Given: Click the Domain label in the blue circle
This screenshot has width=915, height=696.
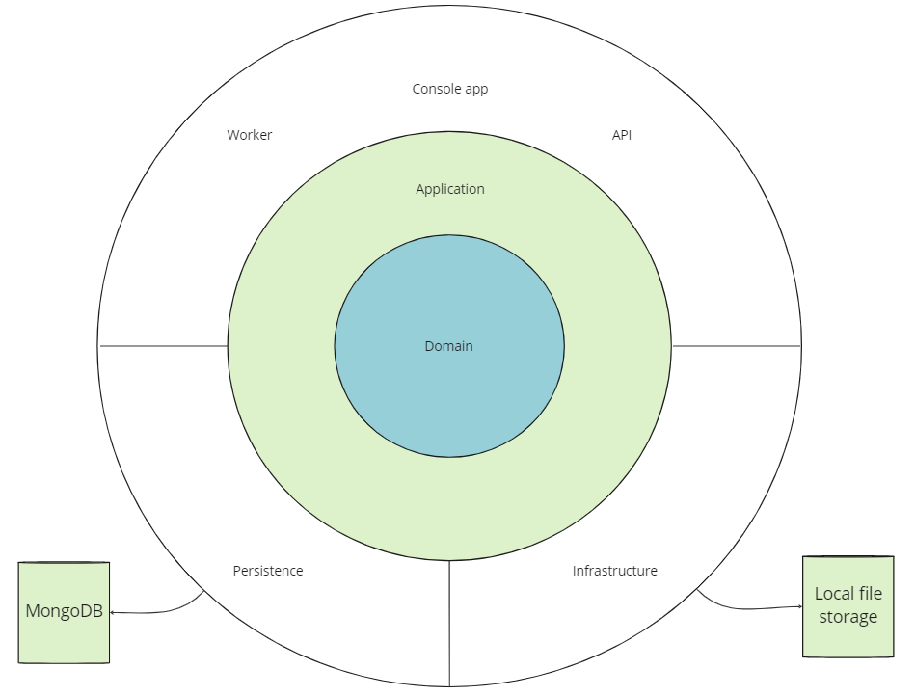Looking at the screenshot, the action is (449, 346).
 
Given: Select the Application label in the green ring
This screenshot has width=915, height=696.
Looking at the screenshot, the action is (450, 189).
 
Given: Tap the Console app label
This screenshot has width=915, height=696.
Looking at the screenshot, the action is (450, 89).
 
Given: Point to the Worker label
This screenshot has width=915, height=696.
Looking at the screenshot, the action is (250, 135).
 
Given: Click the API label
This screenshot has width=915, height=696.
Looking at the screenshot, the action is (622, 135).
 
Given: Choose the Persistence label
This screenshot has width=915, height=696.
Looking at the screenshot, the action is (268, 571).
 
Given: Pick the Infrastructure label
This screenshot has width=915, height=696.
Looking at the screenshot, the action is (615, 571).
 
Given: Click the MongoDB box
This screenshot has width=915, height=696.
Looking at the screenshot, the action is (64, 612).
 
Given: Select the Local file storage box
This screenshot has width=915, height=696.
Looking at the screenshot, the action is (848, 606).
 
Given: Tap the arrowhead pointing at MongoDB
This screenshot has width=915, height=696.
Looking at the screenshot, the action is (113, 611).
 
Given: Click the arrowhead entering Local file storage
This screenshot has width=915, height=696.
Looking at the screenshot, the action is (799, 606).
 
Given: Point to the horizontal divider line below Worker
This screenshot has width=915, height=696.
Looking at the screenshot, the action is (164, 345).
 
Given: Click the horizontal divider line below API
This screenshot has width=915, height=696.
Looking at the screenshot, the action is (737, 345).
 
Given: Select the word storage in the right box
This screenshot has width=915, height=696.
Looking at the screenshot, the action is (848, 617).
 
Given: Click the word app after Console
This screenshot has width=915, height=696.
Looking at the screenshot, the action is (476, 89).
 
